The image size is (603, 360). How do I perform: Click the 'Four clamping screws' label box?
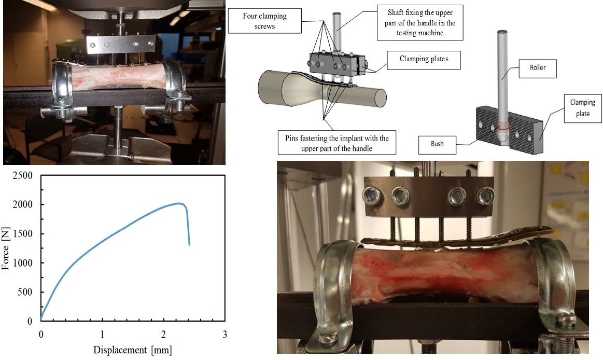[x=264, y=21]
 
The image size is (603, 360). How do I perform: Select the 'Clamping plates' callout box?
[x=424, y=60]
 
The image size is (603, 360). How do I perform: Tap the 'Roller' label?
[x=538, y=67]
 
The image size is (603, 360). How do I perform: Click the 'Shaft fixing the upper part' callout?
[x=420, y=23]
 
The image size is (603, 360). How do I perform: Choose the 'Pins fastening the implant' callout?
[x=336, y=143]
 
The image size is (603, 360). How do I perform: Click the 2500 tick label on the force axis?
[x=23, y=176]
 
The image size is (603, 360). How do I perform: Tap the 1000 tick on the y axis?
[x=23, y=263]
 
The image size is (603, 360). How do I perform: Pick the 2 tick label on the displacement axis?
[x=163, y=334]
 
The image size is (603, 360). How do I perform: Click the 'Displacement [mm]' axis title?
[x=133, y=350]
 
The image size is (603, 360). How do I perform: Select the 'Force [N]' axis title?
[x=6, y=248]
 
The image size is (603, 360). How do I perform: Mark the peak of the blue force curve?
[x=179, y=203]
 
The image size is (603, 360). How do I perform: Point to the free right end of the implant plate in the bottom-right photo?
[x=552, y=230]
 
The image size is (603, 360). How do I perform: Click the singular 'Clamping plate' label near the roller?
[x=583, y=108]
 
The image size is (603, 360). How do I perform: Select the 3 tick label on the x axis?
[x=225, y=334]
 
